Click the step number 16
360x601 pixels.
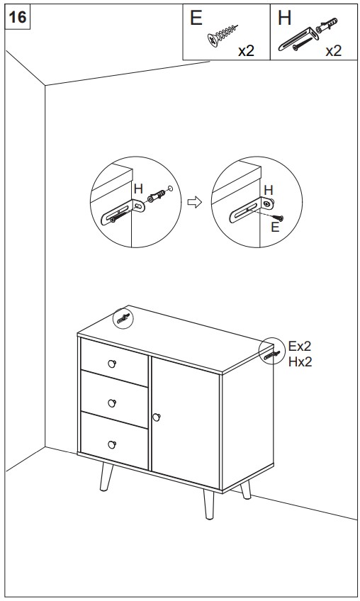[x=17, y=17]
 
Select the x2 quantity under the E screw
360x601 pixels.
[x=246, y=51]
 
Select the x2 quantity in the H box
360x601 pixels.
[x=333, y=51]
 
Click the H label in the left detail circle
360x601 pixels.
[x=138, y=189]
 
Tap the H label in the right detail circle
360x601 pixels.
[x=268, y=190]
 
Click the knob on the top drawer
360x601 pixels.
[x=111, y=363]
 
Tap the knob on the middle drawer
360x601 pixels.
[x=111, y=403]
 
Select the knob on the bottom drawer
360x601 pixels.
[x=111, y=444]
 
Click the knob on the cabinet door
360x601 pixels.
[x=156, y=416]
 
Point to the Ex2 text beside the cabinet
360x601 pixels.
[x=300, y=347]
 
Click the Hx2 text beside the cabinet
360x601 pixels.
[x=300, y=361]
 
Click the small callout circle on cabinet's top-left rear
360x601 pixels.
[x=123, y=318]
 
